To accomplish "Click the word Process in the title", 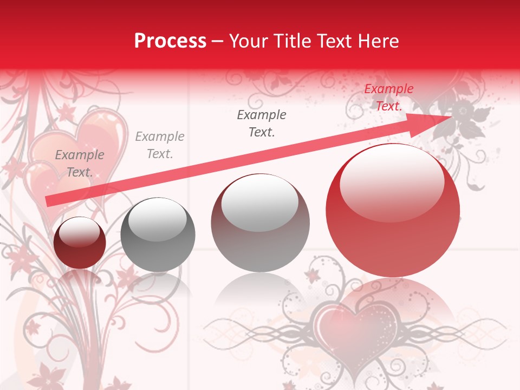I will tap(170, 41).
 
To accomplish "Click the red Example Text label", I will tap(388, 97).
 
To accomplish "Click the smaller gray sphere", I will tap(158, 235).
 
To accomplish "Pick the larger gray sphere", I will tap(260, 223).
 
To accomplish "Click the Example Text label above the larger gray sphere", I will tap(262, 123).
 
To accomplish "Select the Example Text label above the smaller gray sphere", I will tap(160, 145).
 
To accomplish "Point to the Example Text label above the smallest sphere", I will tap(80, 164).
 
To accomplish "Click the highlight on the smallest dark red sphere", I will tap(80, 231).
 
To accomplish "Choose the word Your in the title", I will tap(248, 41).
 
